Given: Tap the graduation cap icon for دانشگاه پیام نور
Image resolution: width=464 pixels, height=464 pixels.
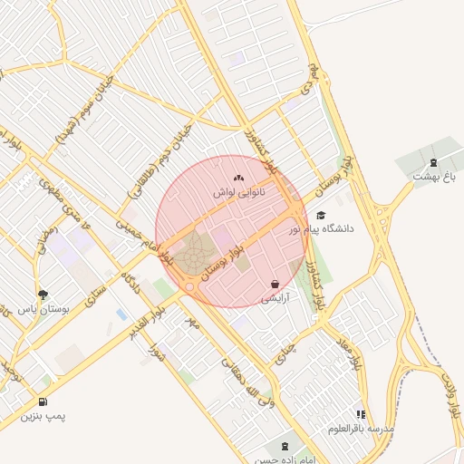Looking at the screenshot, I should click(321, 215).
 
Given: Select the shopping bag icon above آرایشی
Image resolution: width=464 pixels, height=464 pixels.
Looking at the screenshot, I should click(275, 284).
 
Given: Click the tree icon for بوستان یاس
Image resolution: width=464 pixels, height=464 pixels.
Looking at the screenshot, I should click(43, 294).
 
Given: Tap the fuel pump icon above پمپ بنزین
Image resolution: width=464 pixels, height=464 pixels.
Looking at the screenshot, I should click(43, 401).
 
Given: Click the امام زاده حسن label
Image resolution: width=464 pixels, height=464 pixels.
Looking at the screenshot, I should click(287, 459).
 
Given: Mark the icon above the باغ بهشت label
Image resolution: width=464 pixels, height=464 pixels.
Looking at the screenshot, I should click(432, 162).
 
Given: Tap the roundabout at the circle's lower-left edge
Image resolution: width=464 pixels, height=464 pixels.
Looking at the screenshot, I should click(189, 286).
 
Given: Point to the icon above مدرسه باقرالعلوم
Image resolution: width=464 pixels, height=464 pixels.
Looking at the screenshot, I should click(362, 414).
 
